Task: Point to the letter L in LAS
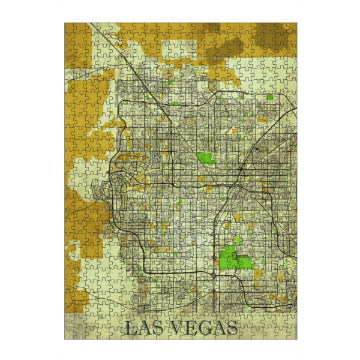[131, 328]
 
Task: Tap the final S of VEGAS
[230, 328]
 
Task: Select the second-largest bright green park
[206, 158]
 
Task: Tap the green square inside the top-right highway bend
[270, 97]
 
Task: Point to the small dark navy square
[258, 148]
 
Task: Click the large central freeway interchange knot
[238, 190]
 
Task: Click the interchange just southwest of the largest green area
[214, 274]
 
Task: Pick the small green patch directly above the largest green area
[238, 240]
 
